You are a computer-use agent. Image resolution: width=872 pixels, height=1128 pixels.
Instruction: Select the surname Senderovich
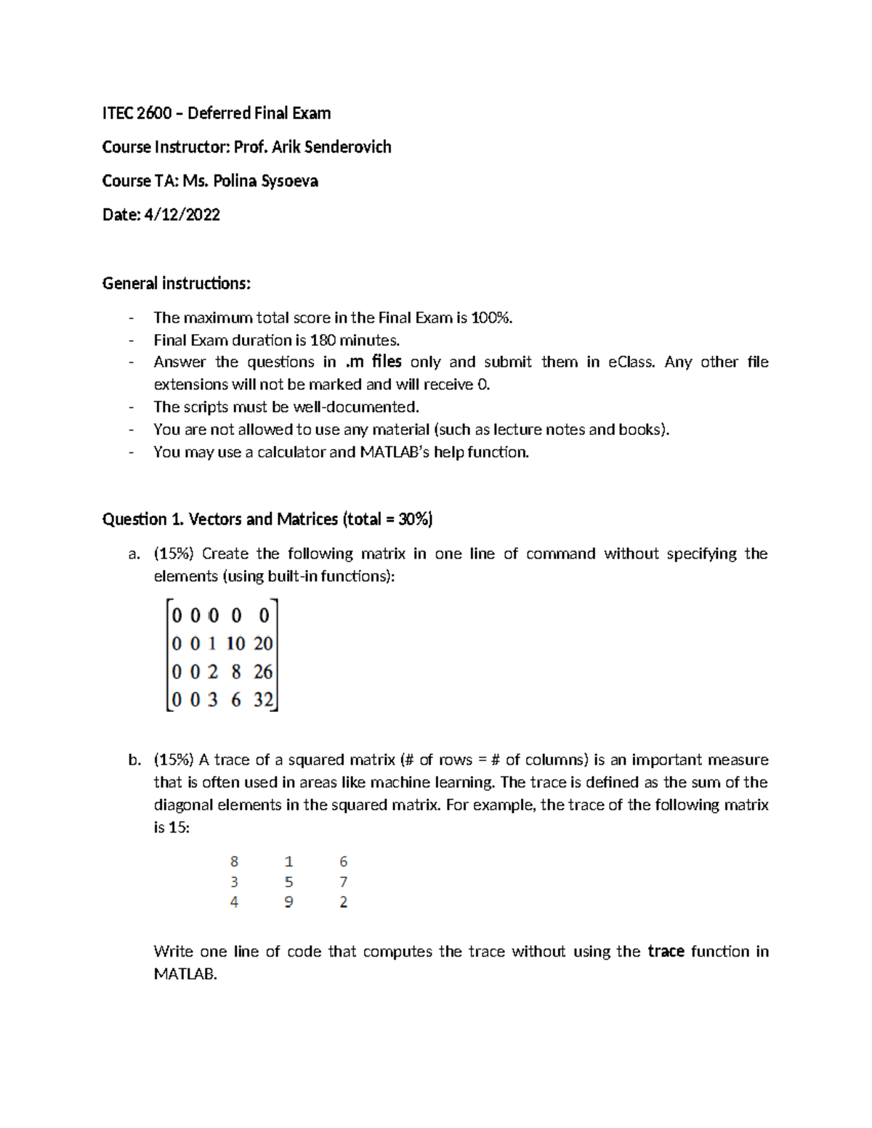(347, 147)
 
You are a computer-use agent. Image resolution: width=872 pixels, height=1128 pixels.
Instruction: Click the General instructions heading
(176, 283)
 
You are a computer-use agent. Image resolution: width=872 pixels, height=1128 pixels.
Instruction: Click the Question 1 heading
(267, 519)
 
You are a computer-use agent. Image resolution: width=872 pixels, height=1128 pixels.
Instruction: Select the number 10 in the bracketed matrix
(235, 644)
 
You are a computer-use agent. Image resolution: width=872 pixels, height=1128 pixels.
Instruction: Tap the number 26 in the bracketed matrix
(263, 672)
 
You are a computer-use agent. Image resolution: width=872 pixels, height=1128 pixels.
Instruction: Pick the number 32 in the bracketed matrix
(263, 700)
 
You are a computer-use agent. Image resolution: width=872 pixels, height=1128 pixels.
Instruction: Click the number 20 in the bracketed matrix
(263, 644)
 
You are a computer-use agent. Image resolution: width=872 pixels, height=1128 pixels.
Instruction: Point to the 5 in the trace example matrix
(288, 882)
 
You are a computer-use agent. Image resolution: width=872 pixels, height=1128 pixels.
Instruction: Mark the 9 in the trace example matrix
(288, 902)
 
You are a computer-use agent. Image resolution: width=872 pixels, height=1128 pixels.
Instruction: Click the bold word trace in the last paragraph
(666, 952)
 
